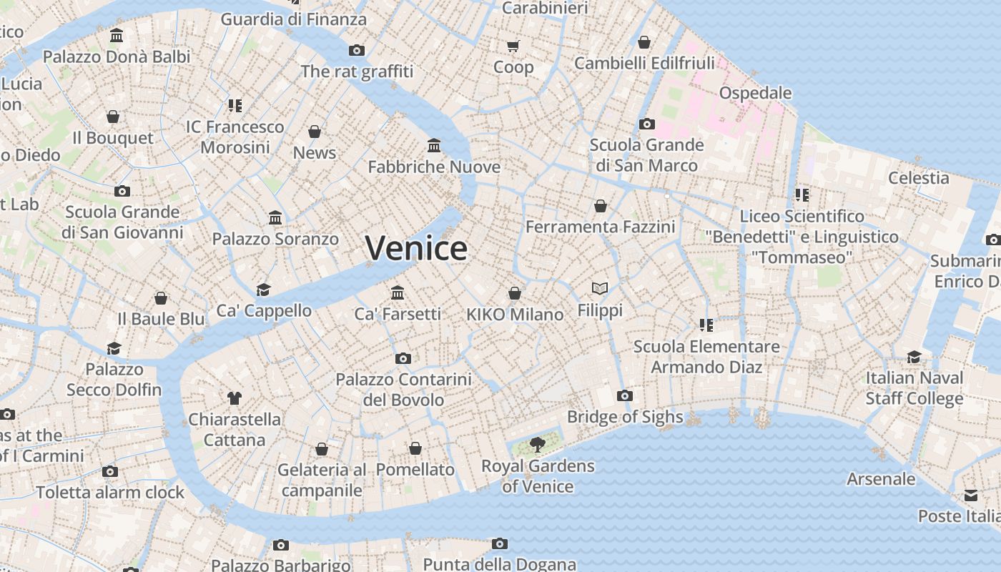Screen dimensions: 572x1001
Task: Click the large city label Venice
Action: click(416, 249)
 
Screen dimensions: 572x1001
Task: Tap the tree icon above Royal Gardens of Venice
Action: click(536, 445)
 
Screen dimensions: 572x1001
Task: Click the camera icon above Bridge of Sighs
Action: click(624, 395)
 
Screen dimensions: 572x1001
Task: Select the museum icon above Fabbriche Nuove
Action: click(433, 146)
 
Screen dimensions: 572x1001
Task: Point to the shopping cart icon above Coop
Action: click(513, 46)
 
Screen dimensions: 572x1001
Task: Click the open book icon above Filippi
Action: click(600, 288)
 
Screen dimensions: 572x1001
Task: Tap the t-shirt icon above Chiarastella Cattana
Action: click(234, 398)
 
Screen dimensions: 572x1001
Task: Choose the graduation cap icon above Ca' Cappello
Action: click(264, 290)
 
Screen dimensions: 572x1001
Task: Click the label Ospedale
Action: click(755, 93)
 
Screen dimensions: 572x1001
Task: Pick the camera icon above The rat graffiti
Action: click(356, 50)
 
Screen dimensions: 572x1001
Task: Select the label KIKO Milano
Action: click(515, 315)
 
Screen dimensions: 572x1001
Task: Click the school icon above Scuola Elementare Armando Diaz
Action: click(706, 325)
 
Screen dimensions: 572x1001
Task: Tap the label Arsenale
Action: click(881, 479)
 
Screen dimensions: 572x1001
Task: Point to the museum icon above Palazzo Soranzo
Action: click(275, 217)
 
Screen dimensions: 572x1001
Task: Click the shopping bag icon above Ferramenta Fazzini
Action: click(601, 206)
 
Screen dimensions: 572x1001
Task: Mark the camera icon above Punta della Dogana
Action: click(499, 544)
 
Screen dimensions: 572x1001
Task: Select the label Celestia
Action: click(918, 178)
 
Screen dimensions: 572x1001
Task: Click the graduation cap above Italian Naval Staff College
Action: click(914, 357)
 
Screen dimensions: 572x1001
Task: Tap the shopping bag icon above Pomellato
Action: click(415, 448)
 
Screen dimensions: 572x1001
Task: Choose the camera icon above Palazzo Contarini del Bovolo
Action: click(403, 358)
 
